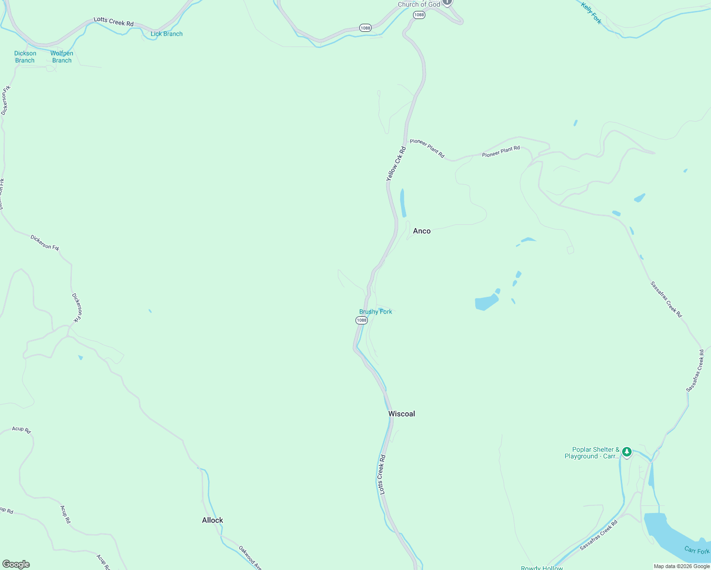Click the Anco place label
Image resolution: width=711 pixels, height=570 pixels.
(422, 231)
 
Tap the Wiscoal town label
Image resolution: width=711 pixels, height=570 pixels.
(402, 414)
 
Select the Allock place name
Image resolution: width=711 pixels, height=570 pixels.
(212, 520)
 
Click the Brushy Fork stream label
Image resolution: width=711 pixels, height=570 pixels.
(375, 312)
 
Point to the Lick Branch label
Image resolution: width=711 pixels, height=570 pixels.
(166, 34)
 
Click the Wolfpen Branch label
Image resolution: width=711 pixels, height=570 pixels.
(62, 57)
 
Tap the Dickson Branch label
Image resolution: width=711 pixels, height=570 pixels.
(25, 57)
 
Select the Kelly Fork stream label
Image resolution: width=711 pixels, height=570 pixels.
(591, 13)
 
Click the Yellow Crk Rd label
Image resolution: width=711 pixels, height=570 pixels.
(396, 164)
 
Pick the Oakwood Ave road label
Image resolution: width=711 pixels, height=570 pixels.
(250, 557)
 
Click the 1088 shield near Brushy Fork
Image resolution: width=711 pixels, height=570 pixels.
(362, 320)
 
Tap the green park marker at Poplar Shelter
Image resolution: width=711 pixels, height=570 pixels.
(627, 451)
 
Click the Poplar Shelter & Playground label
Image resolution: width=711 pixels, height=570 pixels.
(592, 453)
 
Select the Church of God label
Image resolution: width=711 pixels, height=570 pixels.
(419, 4)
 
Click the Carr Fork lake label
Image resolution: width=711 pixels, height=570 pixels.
(697, 550)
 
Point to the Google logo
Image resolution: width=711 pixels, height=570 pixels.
(16, 564)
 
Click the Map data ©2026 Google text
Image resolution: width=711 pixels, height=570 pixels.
(682, 566)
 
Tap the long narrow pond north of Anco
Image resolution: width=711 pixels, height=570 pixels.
(403, 203)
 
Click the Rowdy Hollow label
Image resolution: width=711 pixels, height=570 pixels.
(542, 568)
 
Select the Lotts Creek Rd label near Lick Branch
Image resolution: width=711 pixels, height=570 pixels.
(114, 21)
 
